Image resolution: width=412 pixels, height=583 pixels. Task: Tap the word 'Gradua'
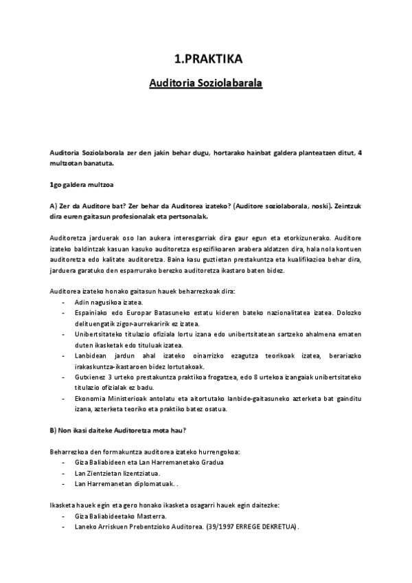coord(211,462)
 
